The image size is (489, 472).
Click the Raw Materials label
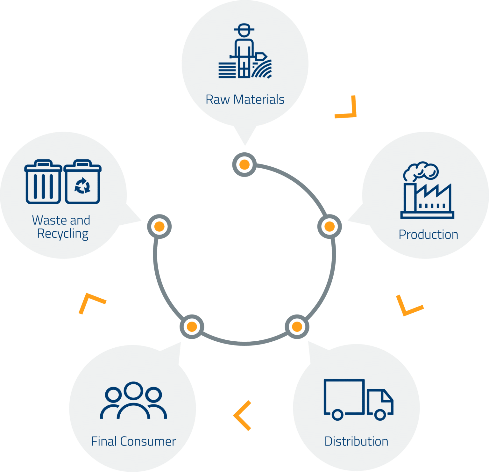245,99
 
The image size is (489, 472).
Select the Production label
428,235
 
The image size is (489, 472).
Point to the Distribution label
356,441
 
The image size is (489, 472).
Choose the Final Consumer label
133,441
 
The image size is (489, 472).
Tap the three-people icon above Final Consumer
133,401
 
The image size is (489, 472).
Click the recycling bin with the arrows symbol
82,182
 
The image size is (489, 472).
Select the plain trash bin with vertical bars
43,182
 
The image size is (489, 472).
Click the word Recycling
63,234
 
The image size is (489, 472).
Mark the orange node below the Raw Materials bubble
244,165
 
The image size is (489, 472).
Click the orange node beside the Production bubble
330,227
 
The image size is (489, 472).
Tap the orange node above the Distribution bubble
297,327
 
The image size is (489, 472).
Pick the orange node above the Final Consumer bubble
192,327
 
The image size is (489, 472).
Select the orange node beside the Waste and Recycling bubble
159,227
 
